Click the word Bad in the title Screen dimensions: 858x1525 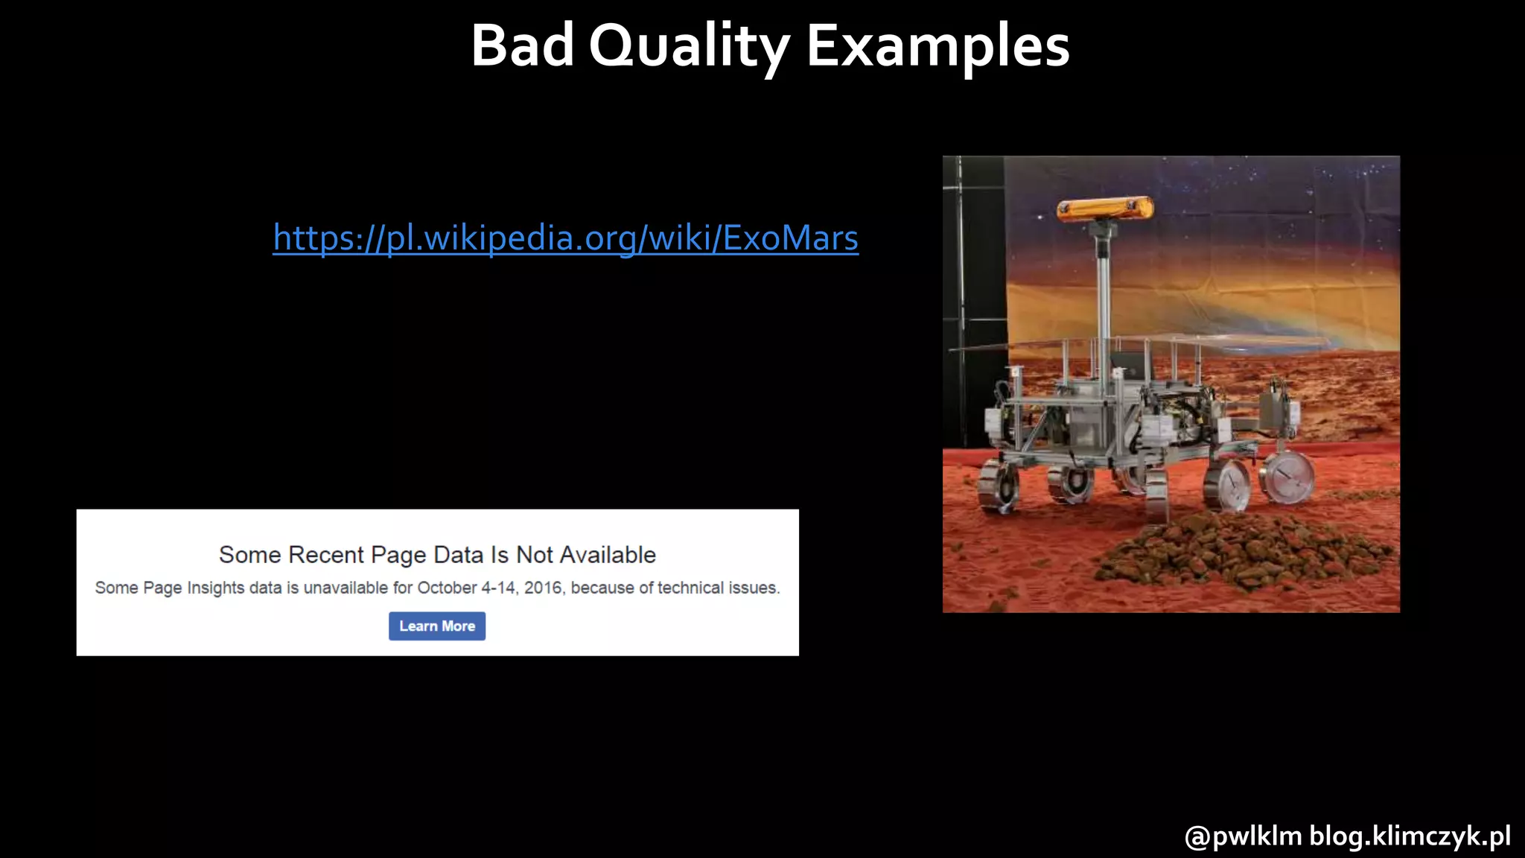pos(522,45)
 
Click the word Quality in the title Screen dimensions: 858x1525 pos(689,47)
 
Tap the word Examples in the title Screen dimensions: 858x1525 pos(937,47)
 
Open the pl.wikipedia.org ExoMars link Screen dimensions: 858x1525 pos(565,238)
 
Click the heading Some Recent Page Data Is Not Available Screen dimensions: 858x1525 pos(437,555)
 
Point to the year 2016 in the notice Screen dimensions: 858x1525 pos(542,588)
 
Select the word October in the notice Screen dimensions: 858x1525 pos(447,588)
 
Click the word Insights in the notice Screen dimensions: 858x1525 pos(215,588)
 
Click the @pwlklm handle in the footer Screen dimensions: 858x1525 pos(1243,836)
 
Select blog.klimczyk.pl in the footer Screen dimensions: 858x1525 pos(1410,836)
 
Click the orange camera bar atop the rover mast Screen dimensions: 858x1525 pos(1105,209)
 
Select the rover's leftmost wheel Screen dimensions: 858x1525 pos(999,486)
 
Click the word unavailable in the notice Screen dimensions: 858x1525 pos(346,588)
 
